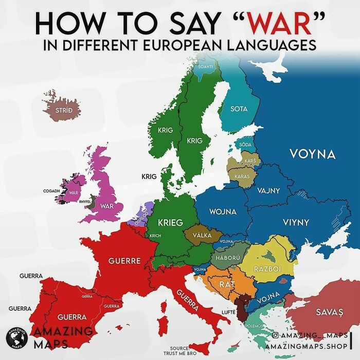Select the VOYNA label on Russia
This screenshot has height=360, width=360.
point(312,154)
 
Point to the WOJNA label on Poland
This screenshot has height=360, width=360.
point(223,211)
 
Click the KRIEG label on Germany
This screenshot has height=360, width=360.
point(170,223)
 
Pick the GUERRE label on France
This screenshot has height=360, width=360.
point(124,261)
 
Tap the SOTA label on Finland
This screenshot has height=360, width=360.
point(239,109)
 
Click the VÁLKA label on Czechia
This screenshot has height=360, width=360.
point(202,235)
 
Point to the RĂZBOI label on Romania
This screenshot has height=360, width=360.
point(266,268)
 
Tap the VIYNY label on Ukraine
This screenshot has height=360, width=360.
point(296,223)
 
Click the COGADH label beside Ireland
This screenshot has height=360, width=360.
point(52,191)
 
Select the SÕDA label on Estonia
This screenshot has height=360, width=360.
point(245,145)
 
